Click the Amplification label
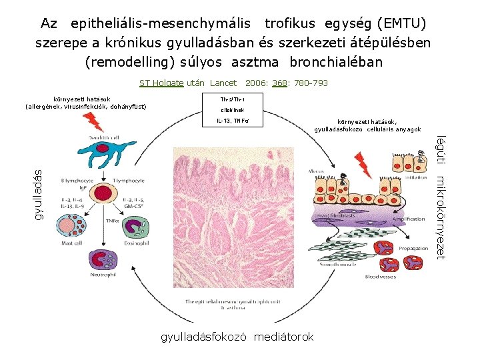pyautogui.click(x=408, y=219)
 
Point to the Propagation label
pyautogui.click(x=413, y=248)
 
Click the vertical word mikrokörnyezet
pyautogui.click(x=441, y=217)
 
